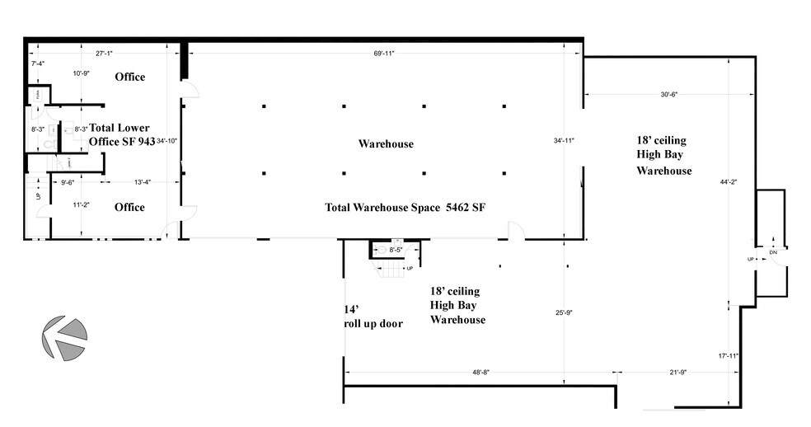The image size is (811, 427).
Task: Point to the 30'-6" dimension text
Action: click(x=668, y=95)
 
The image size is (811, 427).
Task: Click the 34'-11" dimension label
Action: click(x=564, y=141)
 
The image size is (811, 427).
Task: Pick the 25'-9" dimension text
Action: click(x=564, y=312)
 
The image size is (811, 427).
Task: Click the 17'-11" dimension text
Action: click(x=728, y=356)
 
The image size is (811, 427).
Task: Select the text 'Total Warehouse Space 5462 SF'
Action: click(x=405, y=208)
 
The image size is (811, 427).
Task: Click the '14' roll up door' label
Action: click(x=373, y=317)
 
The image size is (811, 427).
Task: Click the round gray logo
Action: click(x=65, y=339)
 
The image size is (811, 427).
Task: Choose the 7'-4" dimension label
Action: click(x=37, y=63)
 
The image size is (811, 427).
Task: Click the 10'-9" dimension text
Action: click(x=81, y=74)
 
